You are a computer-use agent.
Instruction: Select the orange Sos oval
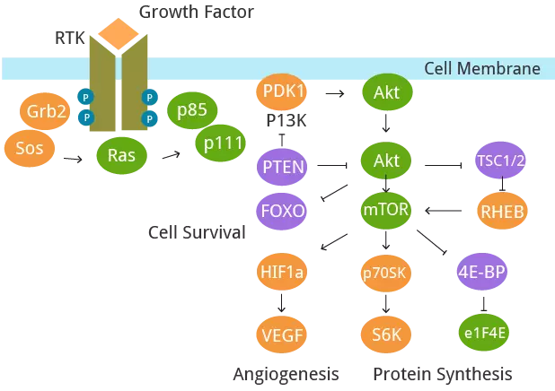click(30, 145)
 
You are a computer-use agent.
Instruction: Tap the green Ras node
click(121, 155)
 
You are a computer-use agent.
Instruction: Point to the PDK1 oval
click(283, 91)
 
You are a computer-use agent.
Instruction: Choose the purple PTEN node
click(283, 165)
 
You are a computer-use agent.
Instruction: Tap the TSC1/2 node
click(499, 161)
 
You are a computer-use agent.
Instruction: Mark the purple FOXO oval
click(283, 211)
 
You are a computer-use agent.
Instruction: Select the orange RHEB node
click(500, 211)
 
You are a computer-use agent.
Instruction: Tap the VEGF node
click(283, 334)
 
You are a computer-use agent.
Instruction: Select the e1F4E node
click(485, 332)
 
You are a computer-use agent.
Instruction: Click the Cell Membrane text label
click(482, 69)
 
